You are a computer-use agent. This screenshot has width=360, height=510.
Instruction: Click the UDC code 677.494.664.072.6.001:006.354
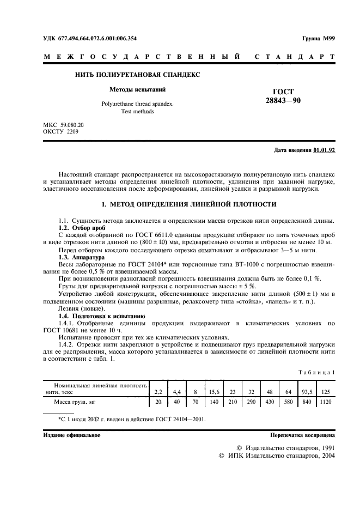coord(90,39)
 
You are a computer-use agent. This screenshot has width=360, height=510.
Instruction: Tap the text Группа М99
coord(319,39)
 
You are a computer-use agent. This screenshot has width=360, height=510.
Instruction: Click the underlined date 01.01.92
coord(325,150)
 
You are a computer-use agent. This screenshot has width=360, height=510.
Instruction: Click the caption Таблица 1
coord(316,372)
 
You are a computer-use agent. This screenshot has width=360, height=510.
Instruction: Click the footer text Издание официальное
coord(71,436)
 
